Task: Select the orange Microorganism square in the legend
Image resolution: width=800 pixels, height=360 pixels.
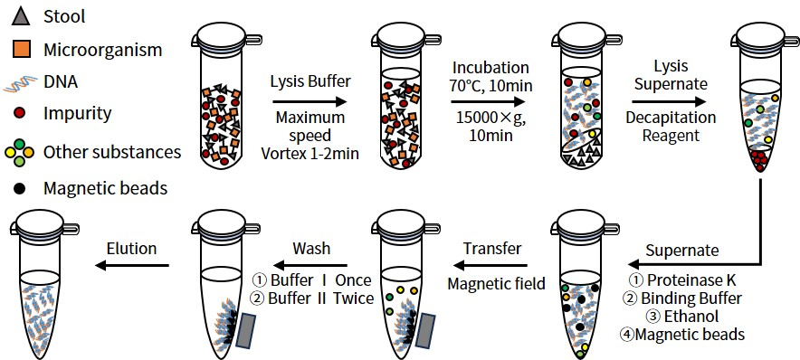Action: pos(21,50)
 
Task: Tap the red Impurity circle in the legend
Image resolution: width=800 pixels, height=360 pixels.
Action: pos(21,113)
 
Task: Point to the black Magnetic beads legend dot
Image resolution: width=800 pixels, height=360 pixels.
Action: pos(21,189)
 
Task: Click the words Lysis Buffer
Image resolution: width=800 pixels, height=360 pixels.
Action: pos(310,81)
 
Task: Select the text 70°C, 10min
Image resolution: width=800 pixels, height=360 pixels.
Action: pos(490,86)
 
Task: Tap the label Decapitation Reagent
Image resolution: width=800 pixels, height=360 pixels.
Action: pos(671,127)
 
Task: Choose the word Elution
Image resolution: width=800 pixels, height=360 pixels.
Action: pos(131,249)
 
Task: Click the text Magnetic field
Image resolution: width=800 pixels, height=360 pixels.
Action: pos(497,283)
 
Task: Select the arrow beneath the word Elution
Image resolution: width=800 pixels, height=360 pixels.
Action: pos(132,265)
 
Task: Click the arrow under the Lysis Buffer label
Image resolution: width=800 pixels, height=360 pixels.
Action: pos(310,102)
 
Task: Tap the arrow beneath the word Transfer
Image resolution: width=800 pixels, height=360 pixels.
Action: pos(490,265)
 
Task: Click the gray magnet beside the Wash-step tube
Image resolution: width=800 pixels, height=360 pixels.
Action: pos(247,331)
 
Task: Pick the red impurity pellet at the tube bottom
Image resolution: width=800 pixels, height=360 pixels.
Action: pos(759,159)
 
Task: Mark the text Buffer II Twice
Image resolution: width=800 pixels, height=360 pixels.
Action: pos(313,298)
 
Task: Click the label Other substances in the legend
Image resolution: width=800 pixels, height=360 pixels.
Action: pos(112,152)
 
